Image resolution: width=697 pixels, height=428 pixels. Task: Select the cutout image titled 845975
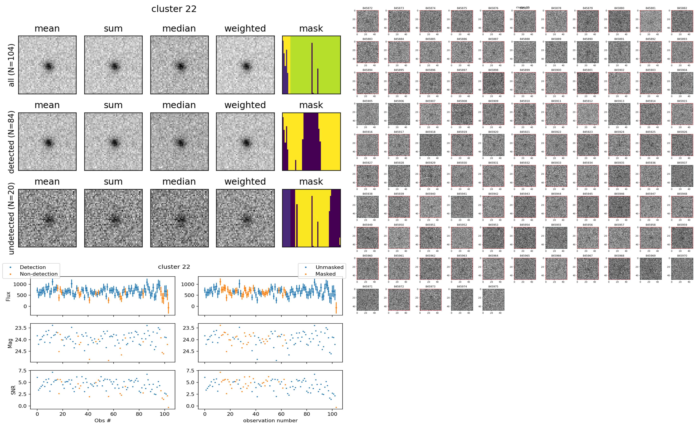coord(493,299)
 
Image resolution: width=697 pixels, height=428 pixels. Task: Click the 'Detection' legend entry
coord(33,267)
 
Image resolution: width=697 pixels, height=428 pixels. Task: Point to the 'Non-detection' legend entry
coord(38,274)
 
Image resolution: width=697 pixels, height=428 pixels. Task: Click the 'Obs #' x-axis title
coord(102,420)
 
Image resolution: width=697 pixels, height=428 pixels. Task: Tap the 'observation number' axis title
coord(270,420)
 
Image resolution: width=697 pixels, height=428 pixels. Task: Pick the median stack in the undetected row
coord(179,218)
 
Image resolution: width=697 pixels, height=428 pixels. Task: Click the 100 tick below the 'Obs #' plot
coord(165,414)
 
